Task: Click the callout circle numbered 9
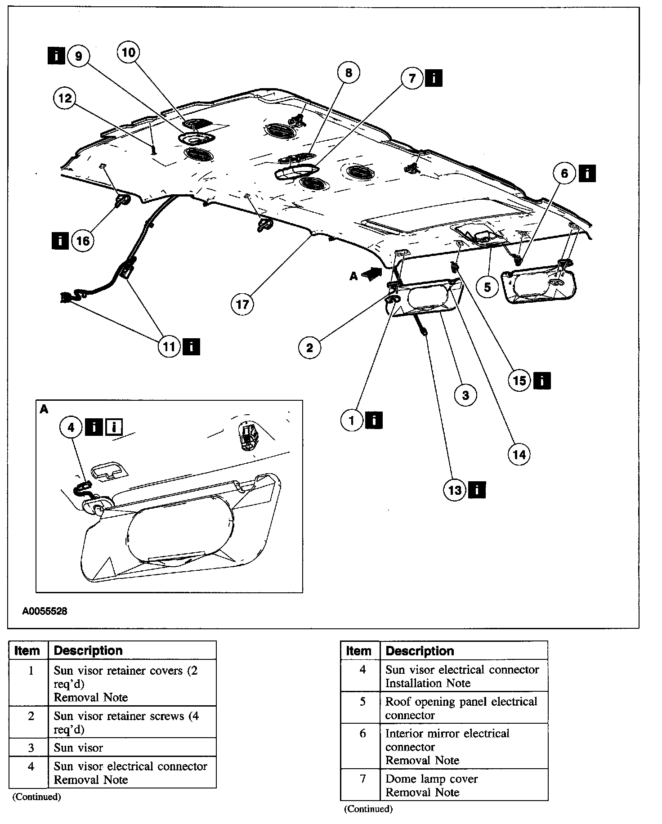79,56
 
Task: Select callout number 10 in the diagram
129,53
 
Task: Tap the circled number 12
65,98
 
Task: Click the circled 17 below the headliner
242,305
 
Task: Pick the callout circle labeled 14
519,455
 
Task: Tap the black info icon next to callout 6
587,173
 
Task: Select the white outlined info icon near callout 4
114,427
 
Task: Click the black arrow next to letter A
371,274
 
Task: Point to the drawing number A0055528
45,611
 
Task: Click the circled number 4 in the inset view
71,427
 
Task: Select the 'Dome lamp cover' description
431,779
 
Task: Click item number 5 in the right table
362,702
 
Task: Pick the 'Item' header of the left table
27,650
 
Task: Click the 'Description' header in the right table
420,651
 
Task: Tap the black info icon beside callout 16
60,241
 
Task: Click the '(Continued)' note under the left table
36,797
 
